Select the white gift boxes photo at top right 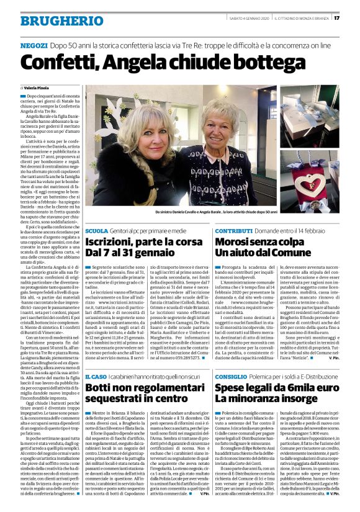(309, 116)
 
